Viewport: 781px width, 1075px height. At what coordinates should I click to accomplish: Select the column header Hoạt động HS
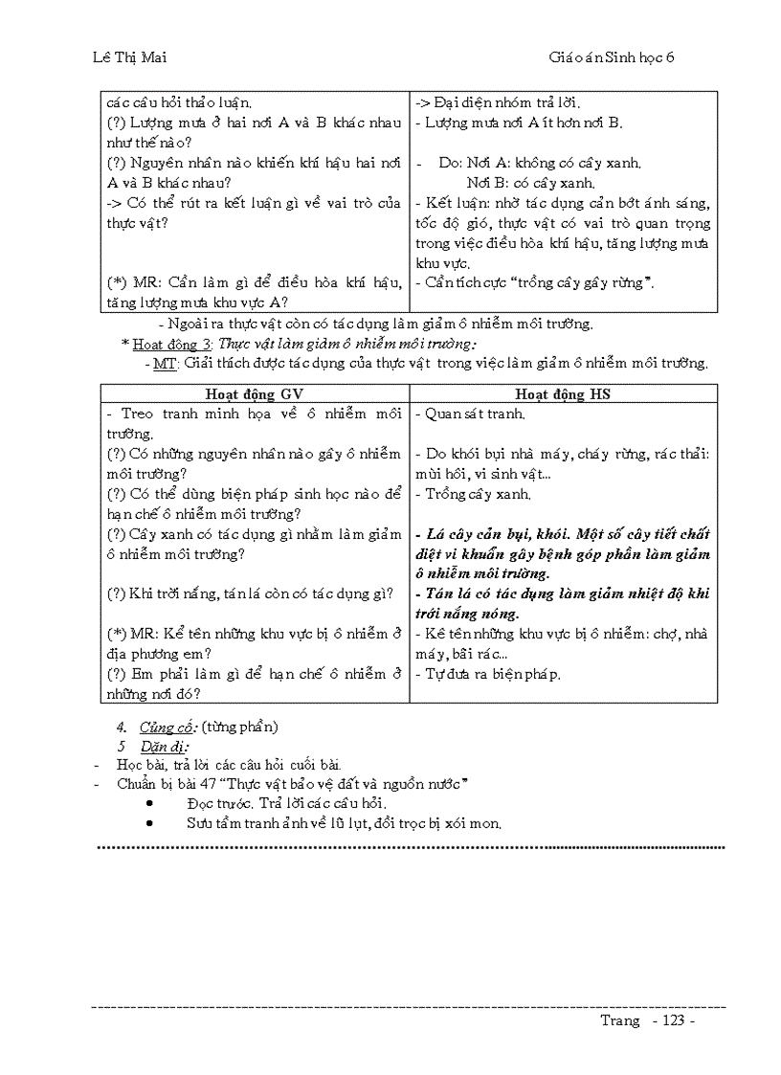point(562,393)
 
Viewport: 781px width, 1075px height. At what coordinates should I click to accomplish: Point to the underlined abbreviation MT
point(165,363)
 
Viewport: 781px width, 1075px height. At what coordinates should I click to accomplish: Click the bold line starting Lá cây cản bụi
point(563,534)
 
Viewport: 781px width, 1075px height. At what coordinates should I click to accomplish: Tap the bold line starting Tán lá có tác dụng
point(563,593)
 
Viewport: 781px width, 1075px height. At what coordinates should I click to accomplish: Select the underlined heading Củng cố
point(162,728)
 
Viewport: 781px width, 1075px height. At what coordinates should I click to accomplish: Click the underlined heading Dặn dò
point(163,746)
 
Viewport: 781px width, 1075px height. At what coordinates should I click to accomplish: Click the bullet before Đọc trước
point(150,804)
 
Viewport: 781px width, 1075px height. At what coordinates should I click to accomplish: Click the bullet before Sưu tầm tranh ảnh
point(150,823)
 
